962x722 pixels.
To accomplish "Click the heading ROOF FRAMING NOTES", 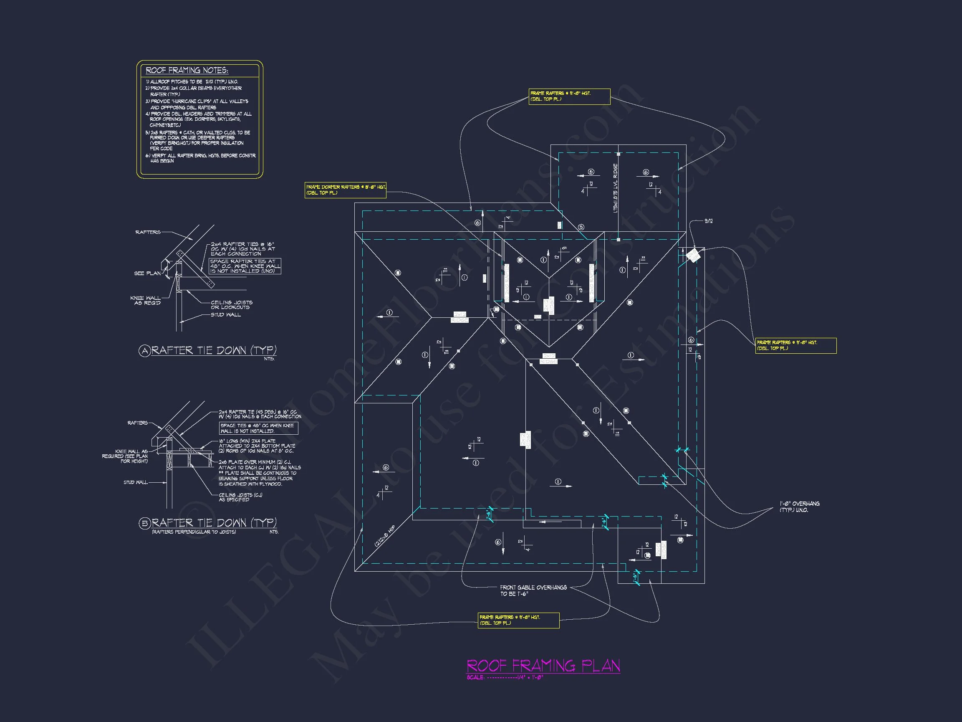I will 187,71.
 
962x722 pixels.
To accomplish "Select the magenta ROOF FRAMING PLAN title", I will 543,666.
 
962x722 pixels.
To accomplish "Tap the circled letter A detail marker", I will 144,351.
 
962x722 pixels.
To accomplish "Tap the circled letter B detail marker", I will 144,523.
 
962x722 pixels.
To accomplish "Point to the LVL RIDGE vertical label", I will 615,188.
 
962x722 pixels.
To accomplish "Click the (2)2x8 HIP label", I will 385,536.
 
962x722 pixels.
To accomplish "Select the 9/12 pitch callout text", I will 708,221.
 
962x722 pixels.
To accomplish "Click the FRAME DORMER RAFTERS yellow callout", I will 345,190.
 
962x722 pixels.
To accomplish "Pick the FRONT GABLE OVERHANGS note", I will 533,590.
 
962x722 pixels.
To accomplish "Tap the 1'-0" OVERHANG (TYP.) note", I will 799,507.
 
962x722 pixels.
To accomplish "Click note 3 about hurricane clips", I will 197,104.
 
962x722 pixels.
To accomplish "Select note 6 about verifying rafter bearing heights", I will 200,158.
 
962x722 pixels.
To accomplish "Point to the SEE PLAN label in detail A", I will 147,273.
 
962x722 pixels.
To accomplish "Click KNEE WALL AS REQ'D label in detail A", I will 146,300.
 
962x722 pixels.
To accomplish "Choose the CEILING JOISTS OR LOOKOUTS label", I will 231,305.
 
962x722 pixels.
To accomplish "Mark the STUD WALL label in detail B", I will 135,482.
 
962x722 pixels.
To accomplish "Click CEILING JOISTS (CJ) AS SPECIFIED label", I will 240,497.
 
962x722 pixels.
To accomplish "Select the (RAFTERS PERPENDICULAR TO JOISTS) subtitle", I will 194,532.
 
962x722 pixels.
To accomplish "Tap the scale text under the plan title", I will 505,678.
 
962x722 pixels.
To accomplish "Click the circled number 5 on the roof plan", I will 581,227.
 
